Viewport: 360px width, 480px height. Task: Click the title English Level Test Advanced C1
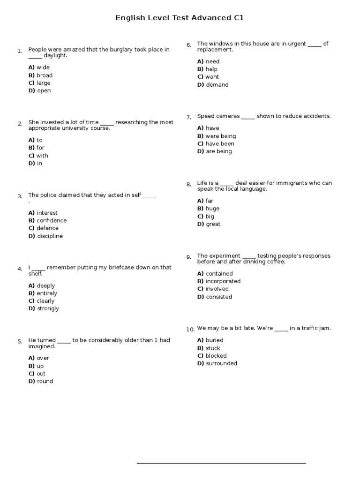[180, 18]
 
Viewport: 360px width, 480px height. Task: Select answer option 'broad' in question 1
[45, 75]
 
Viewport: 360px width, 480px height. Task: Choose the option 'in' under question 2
[39, 163]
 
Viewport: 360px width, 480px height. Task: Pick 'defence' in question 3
[47, 228]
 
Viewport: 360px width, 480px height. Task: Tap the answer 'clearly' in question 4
[45, 301]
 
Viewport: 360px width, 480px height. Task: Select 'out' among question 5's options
[41, 374]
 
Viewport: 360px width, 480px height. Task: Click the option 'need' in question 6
[212, 61]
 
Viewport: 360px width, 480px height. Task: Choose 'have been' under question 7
[220, 143]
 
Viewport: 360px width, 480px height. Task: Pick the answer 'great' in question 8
[213, 224]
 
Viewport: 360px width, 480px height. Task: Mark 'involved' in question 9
[217, 289]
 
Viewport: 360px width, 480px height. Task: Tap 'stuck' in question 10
[213, 348]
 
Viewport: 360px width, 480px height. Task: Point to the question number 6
[188, 45]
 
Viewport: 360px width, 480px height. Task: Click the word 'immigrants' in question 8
[288, 183]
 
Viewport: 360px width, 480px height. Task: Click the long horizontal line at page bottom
[221, 463]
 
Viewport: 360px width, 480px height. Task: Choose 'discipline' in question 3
[50, 236]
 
